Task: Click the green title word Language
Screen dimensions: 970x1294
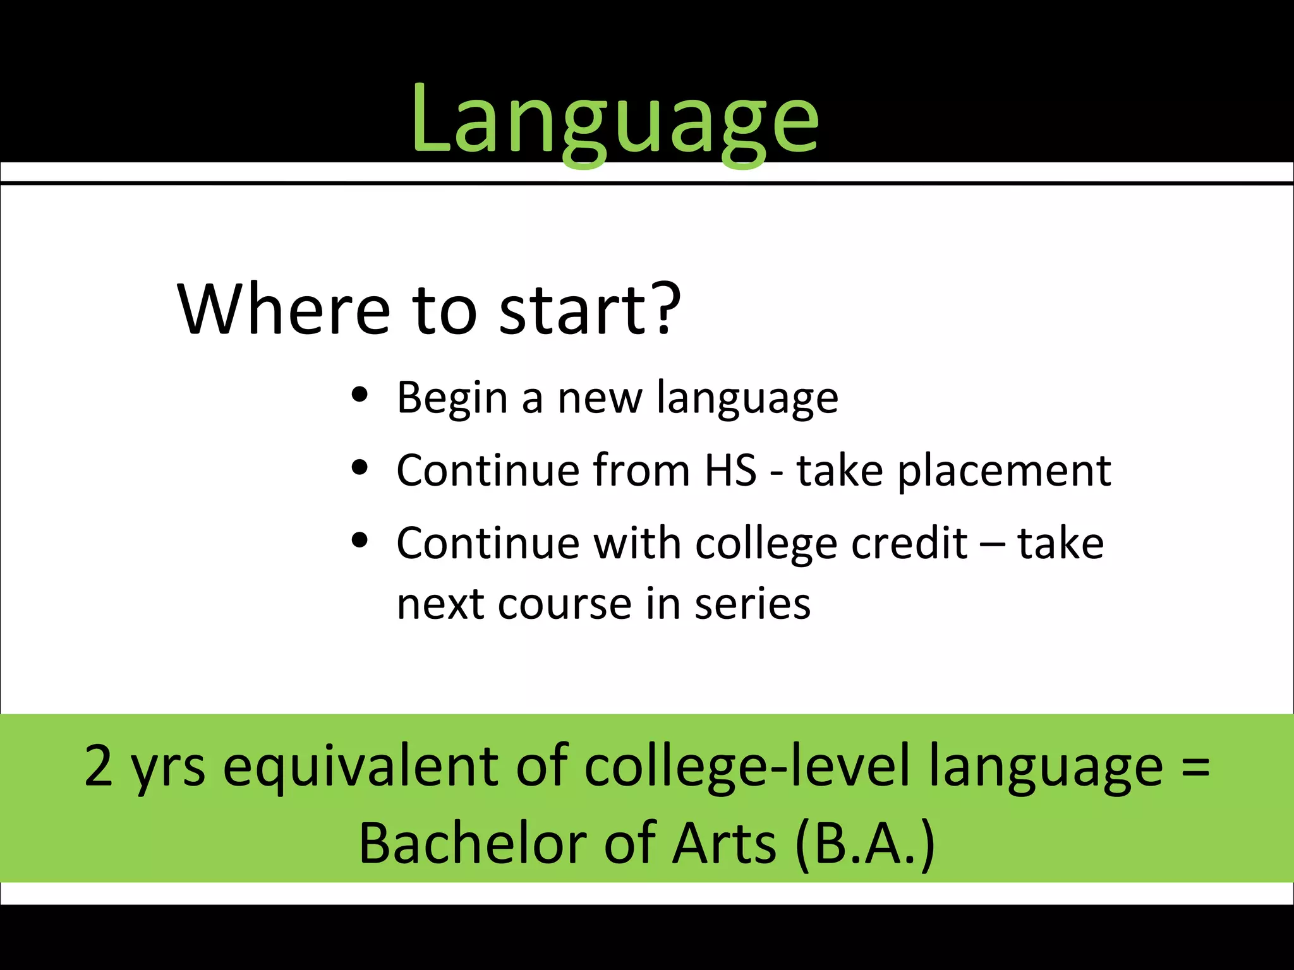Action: pyautogui.click(x=614, y=120)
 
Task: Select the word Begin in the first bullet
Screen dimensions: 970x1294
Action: pyautogui.click(x=452, y=398)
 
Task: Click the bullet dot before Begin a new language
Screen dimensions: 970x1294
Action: pyautogui.click(x=360, y=395)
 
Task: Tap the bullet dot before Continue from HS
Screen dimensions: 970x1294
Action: pyautogui.click(x=360, y=468)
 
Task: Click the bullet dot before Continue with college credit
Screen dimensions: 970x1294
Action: pyautogui.click(x=360, y=541)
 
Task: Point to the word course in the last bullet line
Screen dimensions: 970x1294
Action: pyautogui.click(x=566, y=604)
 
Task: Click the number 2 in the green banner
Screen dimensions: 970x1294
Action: pyautogui.click(x=99, y=766)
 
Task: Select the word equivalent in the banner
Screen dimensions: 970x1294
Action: pyautogui.click(x=360, y=766)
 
